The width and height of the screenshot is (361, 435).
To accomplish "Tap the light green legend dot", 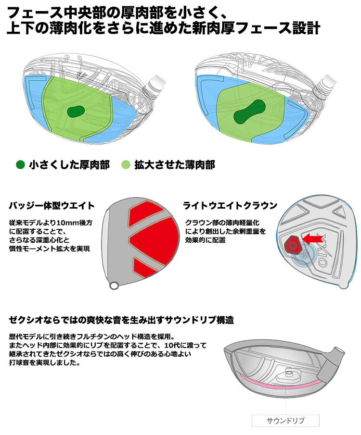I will pos(126,165).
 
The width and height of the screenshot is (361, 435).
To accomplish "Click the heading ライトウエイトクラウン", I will pos(230,205).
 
